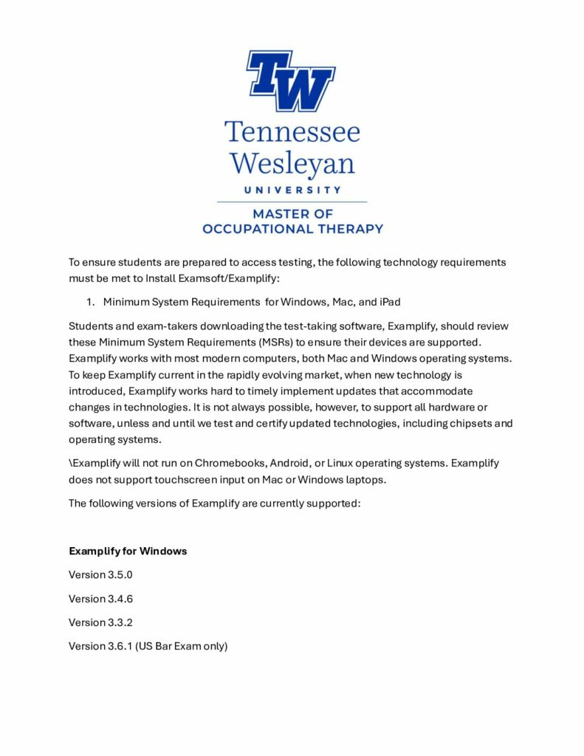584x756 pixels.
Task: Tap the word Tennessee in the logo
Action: pos(292,132)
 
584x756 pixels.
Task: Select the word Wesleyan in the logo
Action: pos(292,163)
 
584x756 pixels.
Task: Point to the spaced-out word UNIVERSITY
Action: pos(292,190)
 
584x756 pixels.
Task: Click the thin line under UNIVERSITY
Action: pos(292,202)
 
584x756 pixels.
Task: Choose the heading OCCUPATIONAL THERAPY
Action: pos(292,228)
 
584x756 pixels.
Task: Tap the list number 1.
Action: pos(92,302)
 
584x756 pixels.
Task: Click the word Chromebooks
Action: pos(230,464)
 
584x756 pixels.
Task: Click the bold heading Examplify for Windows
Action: pos(128,551)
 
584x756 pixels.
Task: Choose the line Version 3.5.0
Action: pos(100,574)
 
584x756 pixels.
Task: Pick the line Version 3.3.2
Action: pos(100,622)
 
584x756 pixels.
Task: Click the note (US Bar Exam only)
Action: pos(182,646)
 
